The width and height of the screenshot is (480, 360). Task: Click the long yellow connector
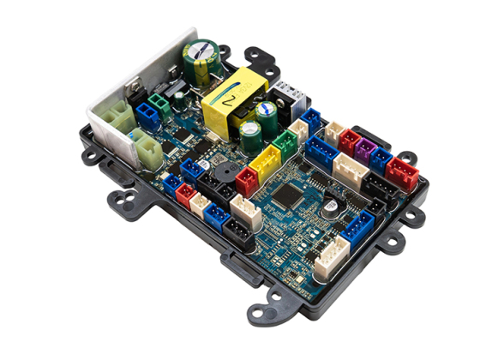pos(267,163)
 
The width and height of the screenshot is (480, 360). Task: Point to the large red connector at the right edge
pos(401,171)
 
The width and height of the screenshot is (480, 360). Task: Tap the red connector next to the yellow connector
pos(247,180)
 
